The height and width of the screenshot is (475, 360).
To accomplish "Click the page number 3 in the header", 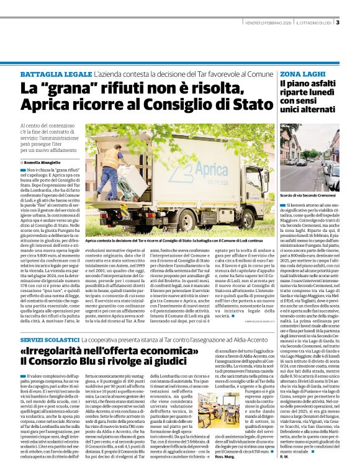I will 337,23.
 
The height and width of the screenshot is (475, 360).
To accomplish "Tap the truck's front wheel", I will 222,218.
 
